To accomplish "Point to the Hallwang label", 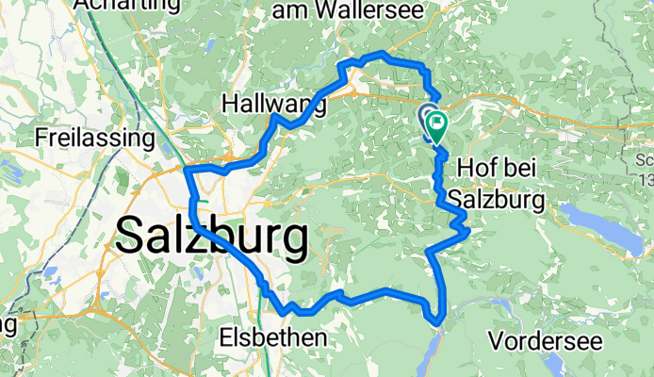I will pos(273,104).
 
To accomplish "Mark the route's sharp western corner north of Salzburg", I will pos(188,170).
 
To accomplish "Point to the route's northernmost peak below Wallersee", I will pos(381,55).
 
